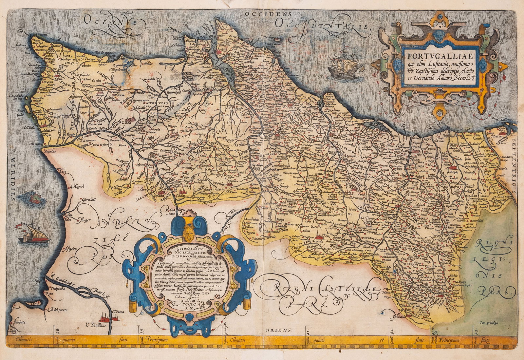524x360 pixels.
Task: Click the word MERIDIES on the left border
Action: click(x=13, y=179)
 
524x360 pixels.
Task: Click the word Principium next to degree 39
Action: click(x=157, y=340)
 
